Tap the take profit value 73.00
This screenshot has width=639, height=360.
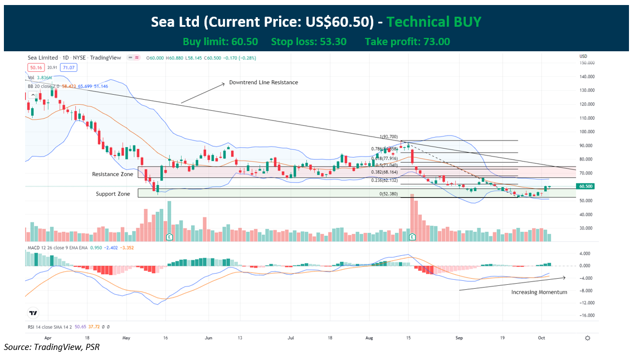pos(436,42)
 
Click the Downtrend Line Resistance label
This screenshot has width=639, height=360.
pos(264,82)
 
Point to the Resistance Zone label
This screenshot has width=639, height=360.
pos(113,174)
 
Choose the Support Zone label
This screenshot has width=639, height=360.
pos(113,194)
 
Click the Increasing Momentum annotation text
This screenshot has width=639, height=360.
pos(539,292)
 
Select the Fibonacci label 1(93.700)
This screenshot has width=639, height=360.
pos(389,137)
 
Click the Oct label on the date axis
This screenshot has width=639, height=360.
pos(541,338)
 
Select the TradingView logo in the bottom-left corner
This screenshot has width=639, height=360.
pos(34,314)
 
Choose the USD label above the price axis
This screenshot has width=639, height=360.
pos(583,56)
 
